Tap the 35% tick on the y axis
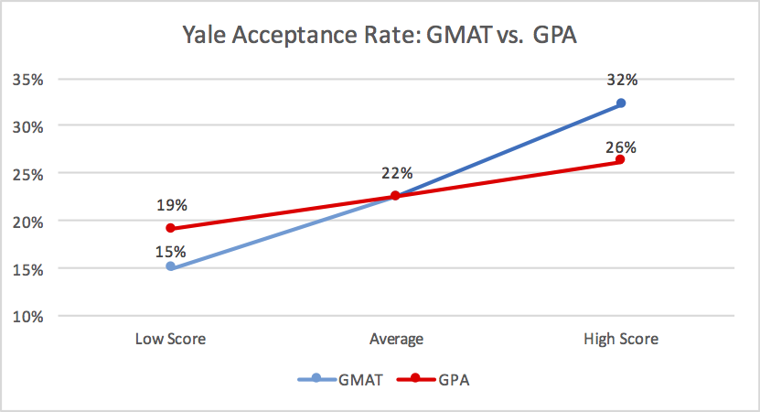click(x=28, y=79)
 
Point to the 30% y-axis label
click(x=28, y=126)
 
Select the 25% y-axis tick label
click(x=28, y=173)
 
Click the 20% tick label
click(x=28, y=221)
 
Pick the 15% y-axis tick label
click(x=28, y=269)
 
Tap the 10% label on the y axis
click(x=28, y=317)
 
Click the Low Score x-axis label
click(x=170, y=339)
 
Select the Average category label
click(x=395, y=339)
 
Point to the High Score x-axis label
click(x=620, y=339)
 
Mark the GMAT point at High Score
click(x=620, y=103)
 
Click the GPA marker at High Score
click(x=620, y=160)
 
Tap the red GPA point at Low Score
click(x=170, y=228)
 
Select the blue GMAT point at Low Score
click(x=170, y=267)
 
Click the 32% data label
click(x=622, y=80)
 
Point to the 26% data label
click(x=622, y=146)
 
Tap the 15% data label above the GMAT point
click(x=171, y=251)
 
